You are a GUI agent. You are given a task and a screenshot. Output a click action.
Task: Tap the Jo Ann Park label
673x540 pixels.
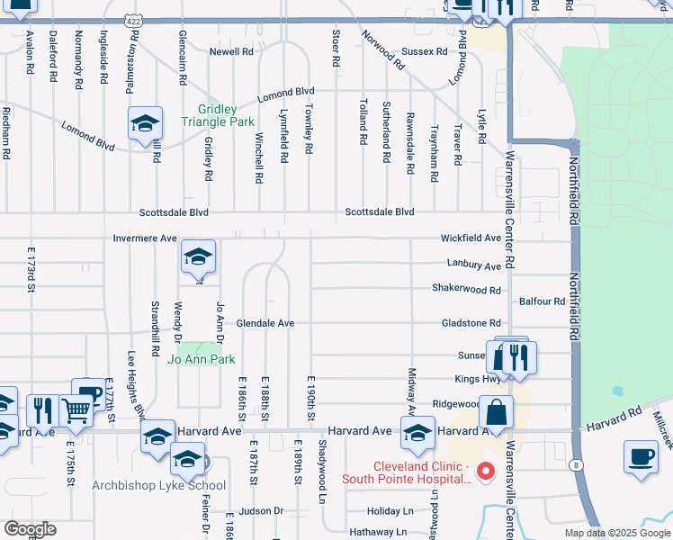(x=201, y=360)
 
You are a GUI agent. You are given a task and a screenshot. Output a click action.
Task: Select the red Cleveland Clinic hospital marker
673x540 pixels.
(x=487, y=471)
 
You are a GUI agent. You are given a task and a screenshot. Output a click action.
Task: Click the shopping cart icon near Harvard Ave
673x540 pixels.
(x=76, y=410)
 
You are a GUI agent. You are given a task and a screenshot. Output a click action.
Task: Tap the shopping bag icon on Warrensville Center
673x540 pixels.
(x=496, y=413)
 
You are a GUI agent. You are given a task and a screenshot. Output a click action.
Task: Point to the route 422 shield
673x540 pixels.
(x=133, y=19)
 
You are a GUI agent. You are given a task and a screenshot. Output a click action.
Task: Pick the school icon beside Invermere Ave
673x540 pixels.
(x=198, y=257)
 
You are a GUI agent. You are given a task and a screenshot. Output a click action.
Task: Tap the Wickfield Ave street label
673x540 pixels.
(x=471, y=238)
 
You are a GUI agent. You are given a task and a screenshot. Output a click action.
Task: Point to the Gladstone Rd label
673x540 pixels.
(x=471, y=323)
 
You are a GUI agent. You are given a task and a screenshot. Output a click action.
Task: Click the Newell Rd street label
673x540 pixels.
(x=231, y=52)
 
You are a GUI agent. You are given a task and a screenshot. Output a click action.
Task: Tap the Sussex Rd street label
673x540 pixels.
(x=424, y=52)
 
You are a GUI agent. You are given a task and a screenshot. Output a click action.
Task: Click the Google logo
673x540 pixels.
(x=30, y=529)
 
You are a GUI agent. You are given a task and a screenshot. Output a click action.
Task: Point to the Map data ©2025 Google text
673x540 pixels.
(x=616, y=533)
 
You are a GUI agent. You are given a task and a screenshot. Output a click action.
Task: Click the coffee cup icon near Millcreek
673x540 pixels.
(x=641, y=455)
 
